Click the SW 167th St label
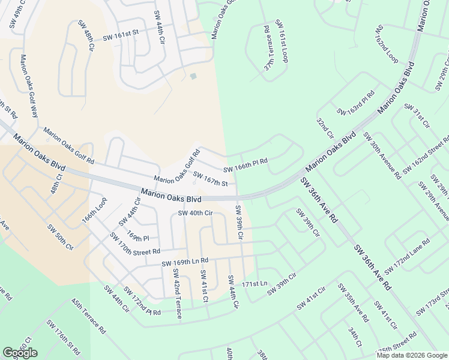[x=210, y=180]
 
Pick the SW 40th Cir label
[x=196, y=213]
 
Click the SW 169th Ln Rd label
[x=185, y=261]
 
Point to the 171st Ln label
[x=254, y=283]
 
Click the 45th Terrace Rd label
[x=89, y=317]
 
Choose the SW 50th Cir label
[x=61, y=237]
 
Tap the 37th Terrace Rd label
[x=268, y=49]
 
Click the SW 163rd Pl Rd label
[x=356, y=103]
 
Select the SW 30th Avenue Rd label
[x=382, y=156]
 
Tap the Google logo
[x=20, y=353]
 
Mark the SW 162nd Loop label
[x=387, y=44]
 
